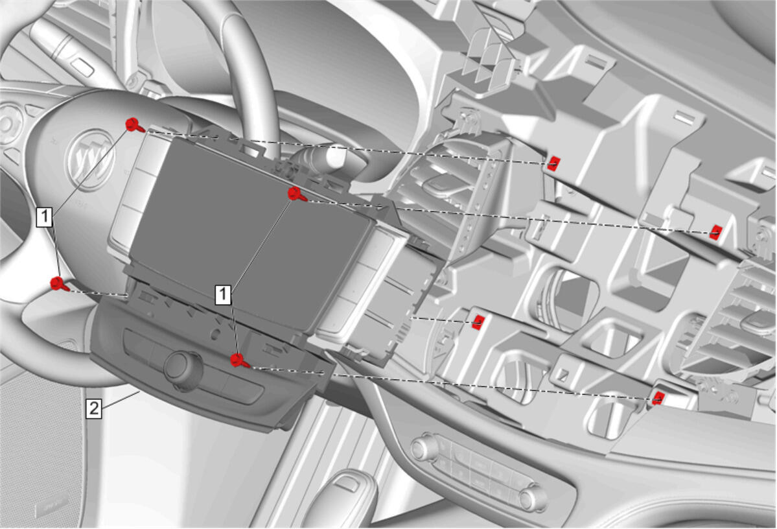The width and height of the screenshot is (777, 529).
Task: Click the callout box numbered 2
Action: coord(94,408)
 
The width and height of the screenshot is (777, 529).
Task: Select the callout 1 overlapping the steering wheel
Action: coord(45,217)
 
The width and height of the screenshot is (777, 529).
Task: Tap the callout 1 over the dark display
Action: coord(223,294)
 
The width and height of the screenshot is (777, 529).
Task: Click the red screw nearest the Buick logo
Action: coord(133,125)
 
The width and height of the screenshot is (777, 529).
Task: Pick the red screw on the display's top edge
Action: coord(296,194)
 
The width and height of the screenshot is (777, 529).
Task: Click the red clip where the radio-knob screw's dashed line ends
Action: coord(658,397)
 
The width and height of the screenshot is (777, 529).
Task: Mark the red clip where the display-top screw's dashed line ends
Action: coord(715,231)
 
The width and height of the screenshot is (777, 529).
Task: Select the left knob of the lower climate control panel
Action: coord(422,448)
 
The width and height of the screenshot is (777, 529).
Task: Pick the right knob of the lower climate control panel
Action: coord(533,497)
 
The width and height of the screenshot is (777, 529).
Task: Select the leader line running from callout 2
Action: coord(121,399)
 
